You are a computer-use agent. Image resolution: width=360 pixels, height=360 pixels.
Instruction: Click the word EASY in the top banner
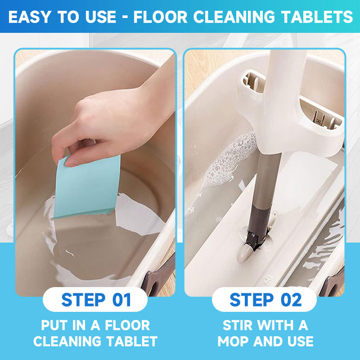pos(30,17)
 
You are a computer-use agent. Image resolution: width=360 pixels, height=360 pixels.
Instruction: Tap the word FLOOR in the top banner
pos(160,17)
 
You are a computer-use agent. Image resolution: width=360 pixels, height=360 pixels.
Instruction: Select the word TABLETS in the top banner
pos(317,17)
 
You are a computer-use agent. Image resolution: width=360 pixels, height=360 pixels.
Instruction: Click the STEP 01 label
pos(96,300)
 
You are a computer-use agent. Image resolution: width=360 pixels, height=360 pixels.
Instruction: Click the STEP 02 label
pos(265,300)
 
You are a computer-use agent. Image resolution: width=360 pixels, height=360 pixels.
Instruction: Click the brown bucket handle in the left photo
pos(159,275)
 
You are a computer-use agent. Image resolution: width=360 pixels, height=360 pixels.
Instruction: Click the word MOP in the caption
pos(234,341)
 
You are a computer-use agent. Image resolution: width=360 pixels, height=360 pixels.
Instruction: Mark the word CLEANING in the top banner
pos(234,17)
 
